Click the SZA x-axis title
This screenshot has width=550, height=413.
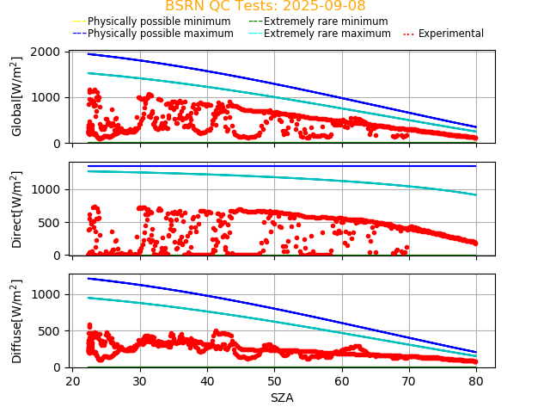coord(282,398)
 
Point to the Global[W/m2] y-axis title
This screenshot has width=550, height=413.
coord(17,96)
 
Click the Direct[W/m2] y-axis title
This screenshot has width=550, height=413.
coord(17,209)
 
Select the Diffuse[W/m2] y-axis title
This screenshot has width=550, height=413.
coord(17,321)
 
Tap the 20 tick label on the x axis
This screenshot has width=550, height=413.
coord(72,380)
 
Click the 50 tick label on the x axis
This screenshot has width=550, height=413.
coord(274,380)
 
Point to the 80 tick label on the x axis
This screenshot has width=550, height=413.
coord(476,380)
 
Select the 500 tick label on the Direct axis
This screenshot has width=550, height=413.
coord(50,222)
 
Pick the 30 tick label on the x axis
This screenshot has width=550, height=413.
coord(139,380)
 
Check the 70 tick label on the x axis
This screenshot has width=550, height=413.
coord(409,380)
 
